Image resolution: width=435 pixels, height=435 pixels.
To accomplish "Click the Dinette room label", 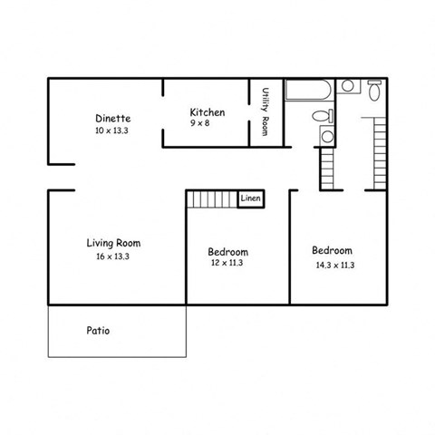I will [x=113, y=118].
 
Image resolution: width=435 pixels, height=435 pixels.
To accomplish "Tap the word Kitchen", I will [x=207, y=112].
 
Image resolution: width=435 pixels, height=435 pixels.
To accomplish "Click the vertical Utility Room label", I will [x=266, y=112].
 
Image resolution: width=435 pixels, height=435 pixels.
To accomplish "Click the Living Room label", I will [x=113, y=243].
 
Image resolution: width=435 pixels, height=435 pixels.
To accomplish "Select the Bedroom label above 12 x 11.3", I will [x=227, y=251].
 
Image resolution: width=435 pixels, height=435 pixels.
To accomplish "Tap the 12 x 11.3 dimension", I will [x=227, y=264].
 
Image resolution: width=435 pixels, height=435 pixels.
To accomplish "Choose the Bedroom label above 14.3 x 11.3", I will [x=333, y=250].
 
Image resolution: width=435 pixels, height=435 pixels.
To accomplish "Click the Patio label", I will [x=99, y=331].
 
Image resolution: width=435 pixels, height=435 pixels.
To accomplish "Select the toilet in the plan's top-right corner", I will [x=374, y=88].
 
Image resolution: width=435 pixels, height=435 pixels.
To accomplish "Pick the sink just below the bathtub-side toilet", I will [x=327, y=137].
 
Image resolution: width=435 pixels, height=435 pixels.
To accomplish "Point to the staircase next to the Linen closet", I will [x=211, y=198].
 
